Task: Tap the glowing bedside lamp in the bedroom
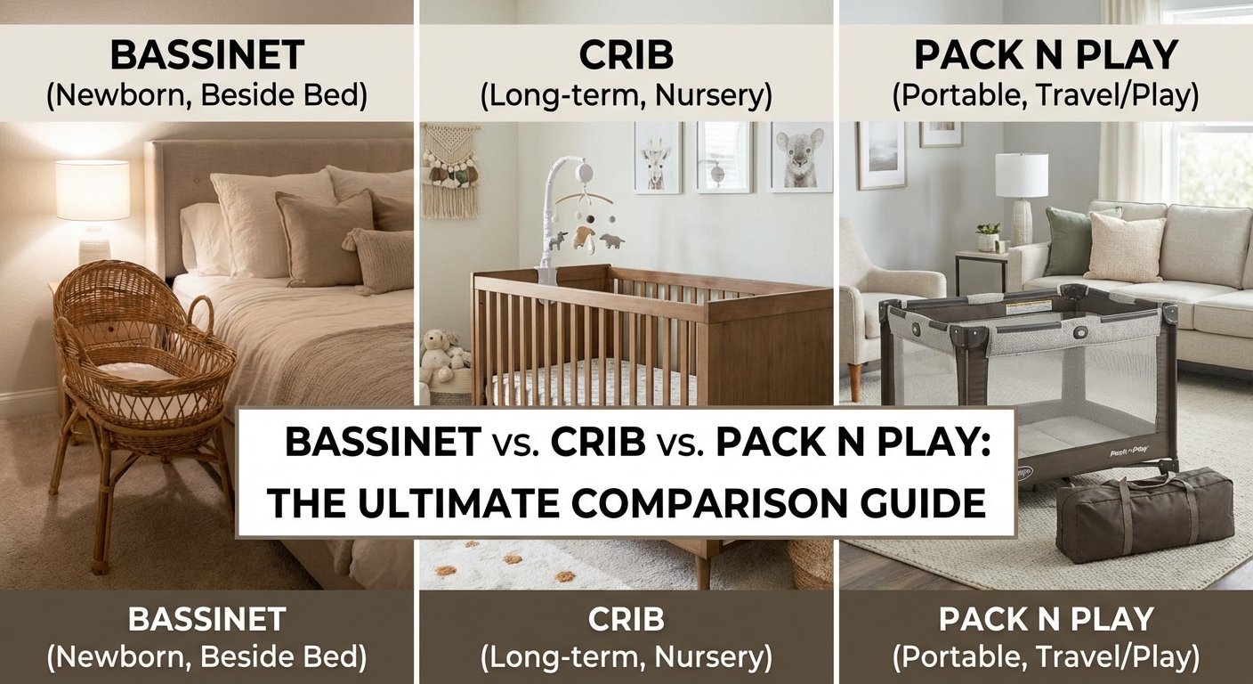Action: [x=93, y=191]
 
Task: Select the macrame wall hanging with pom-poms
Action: [x=450, y=169]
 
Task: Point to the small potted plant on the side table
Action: [x=988, y=237]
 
